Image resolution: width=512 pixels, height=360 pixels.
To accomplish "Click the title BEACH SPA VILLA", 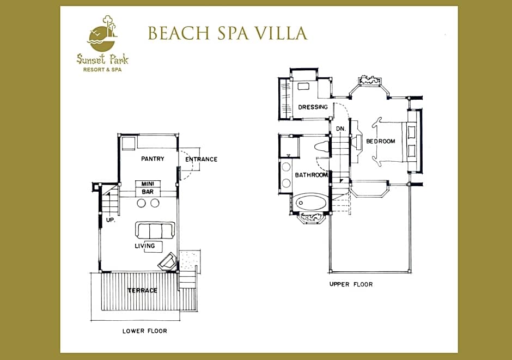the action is click(x=228, y=33).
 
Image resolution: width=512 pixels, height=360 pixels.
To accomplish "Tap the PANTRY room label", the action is click(x=153, y=158).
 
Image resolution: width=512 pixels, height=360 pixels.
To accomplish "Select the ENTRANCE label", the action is click(x=201, y=159).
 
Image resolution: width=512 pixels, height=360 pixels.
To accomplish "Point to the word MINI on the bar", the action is click(x=148, y=184).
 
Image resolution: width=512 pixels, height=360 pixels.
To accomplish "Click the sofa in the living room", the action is click(x=155, y=230).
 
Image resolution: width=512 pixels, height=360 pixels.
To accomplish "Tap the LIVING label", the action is click(x=145, y=246).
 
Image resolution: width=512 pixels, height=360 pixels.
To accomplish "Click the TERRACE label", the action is click(x=142, y=290).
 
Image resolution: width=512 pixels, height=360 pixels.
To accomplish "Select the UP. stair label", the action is click(x=111, y=220).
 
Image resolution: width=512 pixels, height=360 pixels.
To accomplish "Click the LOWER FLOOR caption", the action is click(x=145, y=331).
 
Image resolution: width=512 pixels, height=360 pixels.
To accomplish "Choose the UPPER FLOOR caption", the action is click(x=351, y=284).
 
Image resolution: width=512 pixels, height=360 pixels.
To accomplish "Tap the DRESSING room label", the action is click(x=313, y=107).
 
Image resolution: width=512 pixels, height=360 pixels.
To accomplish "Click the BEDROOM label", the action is click(x=381, y=141).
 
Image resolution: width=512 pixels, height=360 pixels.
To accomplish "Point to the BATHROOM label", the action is click(x=311, y=175).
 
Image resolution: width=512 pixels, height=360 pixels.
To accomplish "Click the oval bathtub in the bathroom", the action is click(x=311, y=203).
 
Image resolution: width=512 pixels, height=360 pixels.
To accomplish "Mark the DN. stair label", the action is click(x=340, y=129).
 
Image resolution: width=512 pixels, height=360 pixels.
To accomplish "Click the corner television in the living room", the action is click(x=168, y=261).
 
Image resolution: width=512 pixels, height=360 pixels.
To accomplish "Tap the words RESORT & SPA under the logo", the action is click(x=102, y=70).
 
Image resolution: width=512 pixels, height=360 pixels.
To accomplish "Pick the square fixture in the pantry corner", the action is click(x=129, y=143).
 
